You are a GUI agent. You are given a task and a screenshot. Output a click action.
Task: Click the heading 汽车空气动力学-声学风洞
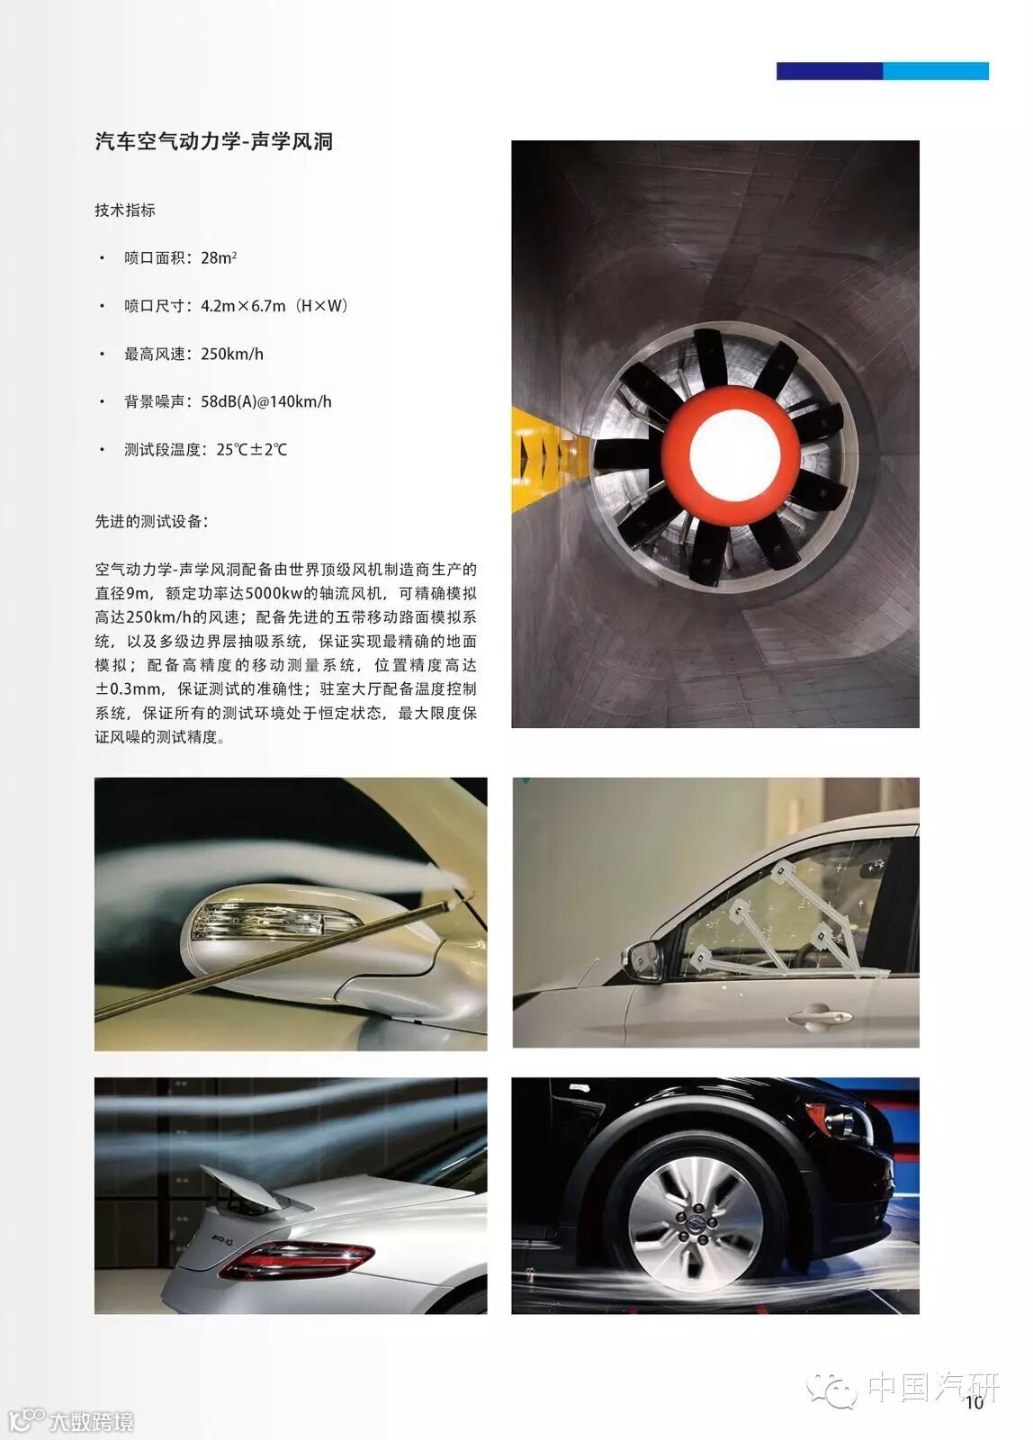[213, 141]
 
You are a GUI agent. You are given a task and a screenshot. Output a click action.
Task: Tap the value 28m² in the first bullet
[219, 257]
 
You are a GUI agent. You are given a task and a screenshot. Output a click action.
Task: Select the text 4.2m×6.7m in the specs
[243, 305]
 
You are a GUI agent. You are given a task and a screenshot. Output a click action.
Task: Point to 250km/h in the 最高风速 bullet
[232, 354]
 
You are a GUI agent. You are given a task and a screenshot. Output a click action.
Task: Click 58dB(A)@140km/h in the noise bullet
[266, 401]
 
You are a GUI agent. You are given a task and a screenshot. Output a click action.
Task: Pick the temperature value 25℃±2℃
[251, 449]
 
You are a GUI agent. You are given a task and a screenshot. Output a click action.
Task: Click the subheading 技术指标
[125, 211]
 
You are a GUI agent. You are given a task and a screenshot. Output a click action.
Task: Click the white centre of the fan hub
[735, 454]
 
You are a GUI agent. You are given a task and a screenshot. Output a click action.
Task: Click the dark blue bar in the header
[830, 71]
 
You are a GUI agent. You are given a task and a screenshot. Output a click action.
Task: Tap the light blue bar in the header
[935, 71]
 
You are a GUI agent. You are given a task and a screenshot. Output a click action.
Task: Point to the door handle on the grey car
[820, 1016]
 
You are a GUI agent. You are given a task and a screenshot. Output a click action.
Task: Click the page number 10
[975, 1401]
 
